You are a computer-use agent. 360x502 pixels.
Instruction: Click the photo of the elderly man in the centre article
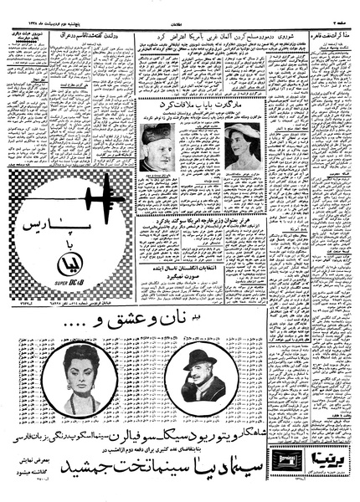157,147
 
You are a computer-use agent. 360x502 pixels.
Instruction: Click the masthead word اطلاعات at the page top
179,6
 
